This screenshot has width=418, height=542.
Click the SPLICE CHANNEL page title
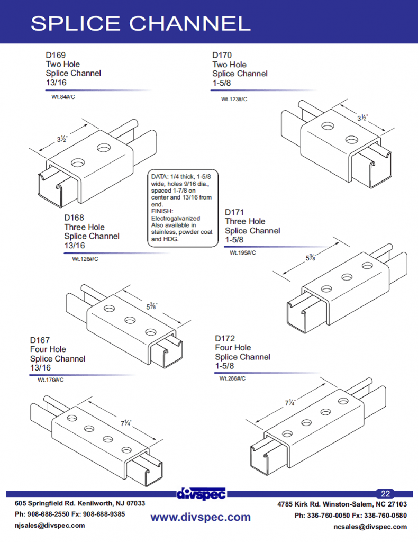(x=140, y=23)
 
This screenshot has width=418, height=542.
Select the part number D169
(x=55, y=55)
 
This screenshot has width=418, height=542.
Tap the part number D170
(x=222, y=55)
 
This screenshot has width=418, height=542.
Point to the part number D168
(x=74, y=217)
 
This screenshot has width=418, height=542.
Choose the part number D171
(x=234, y=212)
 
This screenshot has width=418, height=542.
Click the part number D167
(x=40, y=340)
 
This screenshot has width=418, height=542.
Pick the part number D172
(x=225, y=338)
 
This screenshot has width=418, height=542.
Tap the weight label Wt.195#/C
(x=242, y=252)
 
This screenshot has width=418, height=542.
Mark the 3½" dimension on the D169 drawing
(x=62, y=139)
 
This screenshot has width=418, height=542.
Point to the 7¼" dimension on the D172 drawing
(x=290, y=403)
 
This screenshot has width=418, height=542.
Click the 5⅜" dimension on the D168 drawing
(x=151, y=306)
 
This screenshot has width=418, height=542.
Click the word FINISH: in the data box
(x=162, y=210)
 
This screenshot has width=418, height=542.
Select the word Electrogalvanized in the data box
(x=175, y=218)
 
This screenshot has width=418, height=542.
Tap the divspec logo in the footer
(x=201, y=494)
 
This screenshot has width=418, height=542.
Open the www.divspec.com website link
(x=201, y=517)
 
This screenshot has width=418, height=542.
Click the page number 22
(x=385, y=493)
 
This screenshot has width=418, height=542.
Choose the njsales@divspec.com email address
(x=50, y=526)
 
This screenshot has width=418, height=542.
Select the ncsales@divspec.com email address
(x=370, y=527)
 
